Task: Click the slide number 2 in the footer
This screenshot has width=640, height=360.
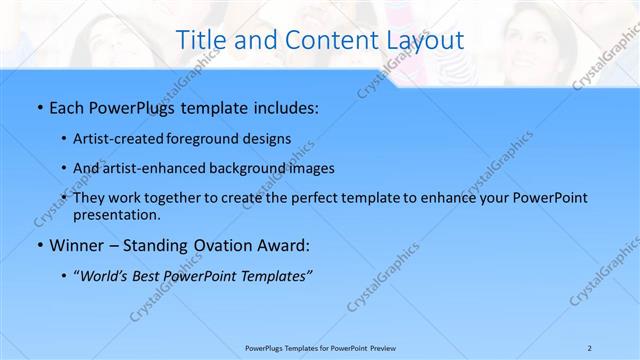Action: coord(589,347)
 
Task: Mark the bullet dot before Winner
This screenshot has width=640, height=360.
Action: coord(39,245)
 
